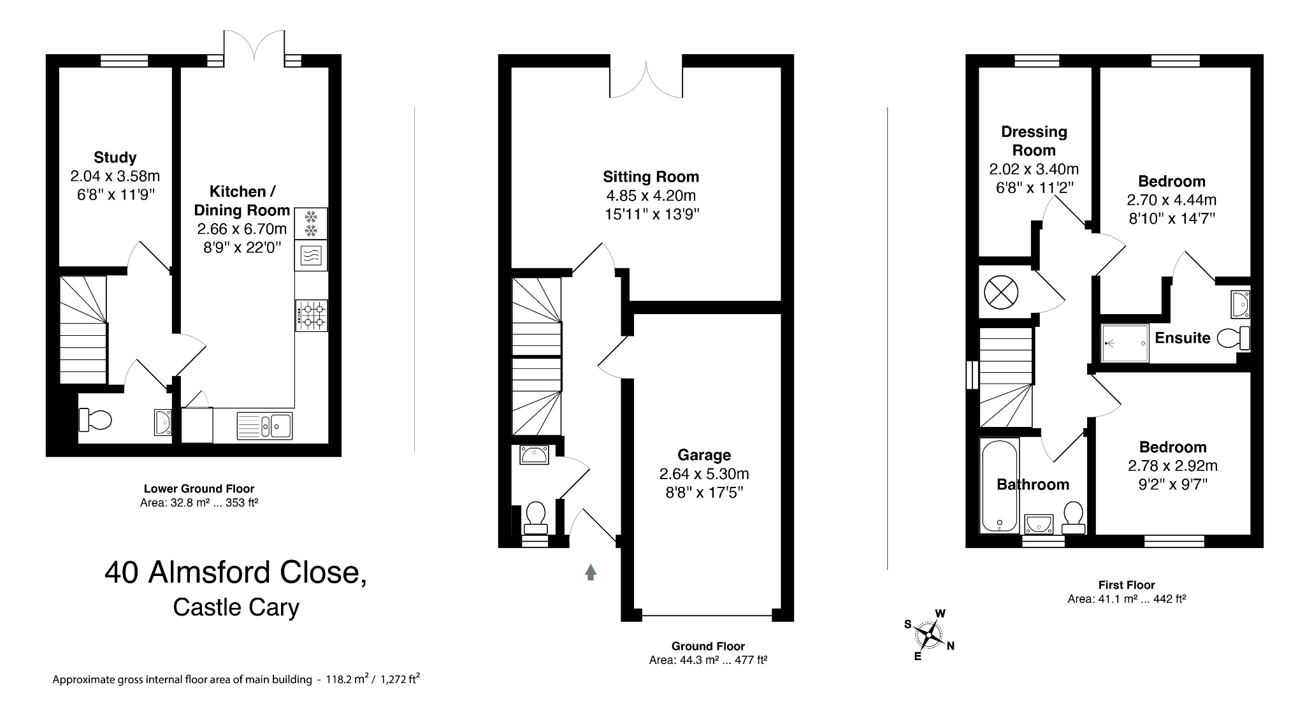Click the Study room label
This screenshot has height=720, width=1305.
pos(115,157)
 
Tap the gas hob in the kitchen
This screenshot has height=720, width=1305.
pos(312,315)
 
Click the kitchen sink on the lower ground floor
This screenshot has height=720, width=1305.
pos(264,426)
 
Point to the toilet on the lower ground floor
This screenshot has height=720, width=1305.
pos(95,420)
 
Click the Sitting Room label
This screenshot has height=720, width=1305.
pos(651,176)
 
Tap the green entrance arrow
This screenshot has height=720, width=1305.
pos(591,572)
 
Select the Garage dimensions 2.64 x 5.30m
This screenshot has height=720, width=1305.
pos(703,474)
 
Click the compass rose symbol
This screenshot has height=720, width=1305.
pos(930,635)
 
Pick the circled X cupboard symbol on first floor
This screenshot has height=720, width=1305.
pos(997,292)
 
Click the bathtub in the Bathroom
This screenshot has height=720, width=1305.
pos(999,494)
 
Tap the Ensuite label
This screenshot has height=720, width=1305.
pos(1182,338)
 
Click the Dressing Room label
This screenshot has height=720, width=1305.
pos(1034,141)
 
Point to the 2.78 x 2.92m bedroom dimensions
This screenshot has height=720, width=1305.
pos(1172,466)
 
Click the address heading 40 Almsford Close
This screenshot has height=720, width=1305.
pos(236,572)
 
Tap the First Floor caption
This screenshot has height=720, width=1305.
pos(1126,585)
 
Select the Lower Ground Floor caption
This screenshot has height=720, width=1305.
pos(199,489)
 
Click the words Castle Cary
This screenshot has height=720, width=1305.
pos(236,607)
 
